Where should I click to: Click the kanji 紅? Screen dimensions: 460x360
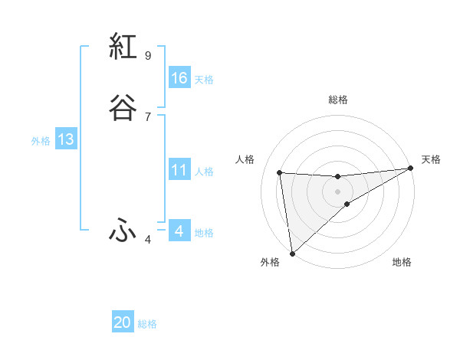(x=123, y=47)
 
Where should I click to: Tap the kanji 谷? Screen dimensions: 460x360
(x=123, y=108)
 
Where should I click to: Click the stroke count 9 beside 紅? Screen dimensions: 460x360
(x=147, y=55)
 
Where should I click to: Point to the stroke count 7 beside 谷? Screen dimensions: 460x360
(x=147, y=116)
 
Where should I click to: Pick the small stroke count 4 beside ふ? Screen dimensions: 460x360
(x=147, y=240)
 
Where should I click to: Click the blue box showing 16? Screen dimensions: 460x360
(x=179, y=78)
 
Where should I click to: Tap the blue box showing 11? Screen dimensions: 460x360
(x=179, y=170)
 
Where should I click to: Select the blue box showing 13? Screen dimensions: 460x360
(x=65, y=139)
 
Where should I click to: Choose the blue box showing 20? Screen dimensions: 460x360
(x=123, y=322)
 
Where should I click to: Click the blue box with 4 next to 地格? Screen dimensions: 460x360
(x=179, y=231)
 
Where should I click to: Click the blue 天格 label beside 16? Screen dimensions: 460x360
(x=204, y=80)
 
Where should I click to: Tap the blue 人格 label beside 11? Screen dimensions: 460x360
(x=204, y=172)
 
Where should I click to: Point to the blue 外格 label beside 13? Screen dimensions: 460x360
(x=41, y=141)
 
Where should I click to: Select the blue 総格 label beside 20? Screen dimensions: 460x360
(x=147, y=324)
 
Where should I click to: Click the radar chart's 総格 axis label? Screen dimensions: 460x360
(x=338, y=100)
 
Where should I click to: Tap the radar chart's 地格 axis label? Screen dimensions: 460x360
(x=402, y=262)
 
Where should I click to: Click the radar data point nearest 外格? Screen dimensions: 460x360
(x=291, y=253)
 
